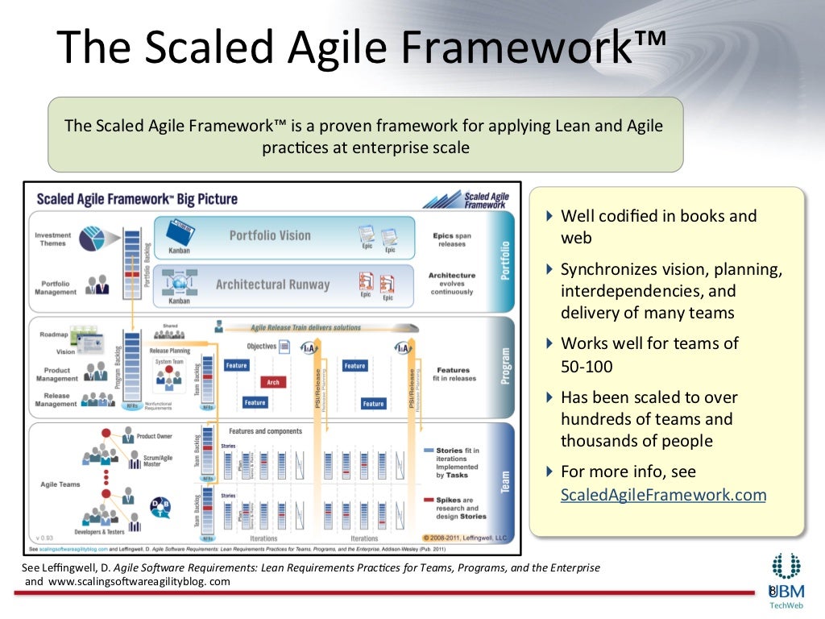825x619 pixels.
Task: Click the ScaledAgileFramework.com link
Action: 663,494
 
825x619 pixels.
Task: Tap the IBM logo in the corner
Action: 785,574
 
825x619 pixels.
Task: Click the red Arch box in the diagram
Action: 273,382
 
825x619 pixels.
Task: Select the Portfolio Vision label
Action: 269,235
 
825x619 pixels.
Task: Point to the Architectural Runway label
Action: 272,285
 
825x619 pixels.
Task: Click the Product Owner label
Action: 154,436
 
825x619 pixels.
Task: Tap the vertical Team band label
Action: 506,481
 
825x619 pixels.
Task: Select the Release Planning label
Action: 170,351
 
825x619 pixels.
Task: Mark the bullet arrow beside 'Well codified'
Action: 549,216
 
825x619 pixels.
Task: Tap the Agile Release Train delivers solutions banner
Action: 293,328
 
